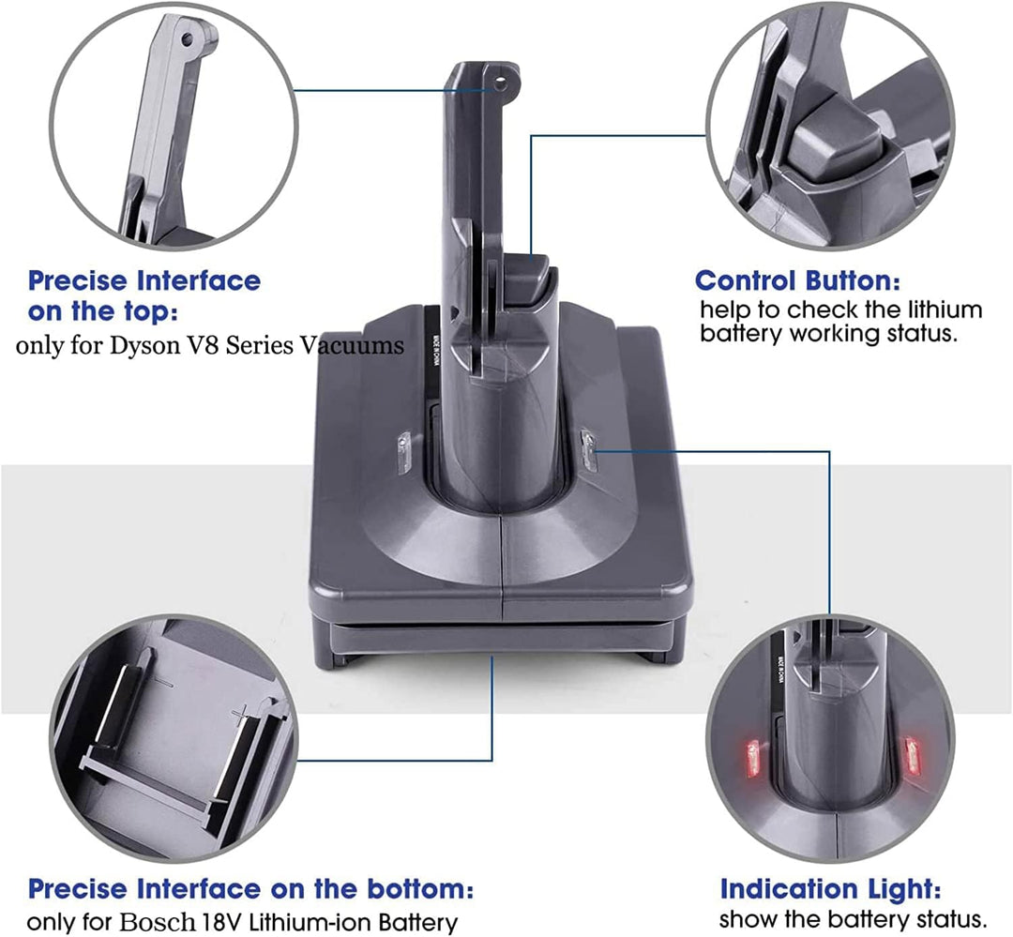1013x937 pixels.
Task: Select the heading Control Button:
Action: click(x=797, y=280)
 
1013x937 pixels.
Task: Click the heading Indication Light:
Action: click(x=830, y=889)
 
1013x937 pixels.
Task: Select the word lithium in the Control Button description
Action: click(x=921, y=310)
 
